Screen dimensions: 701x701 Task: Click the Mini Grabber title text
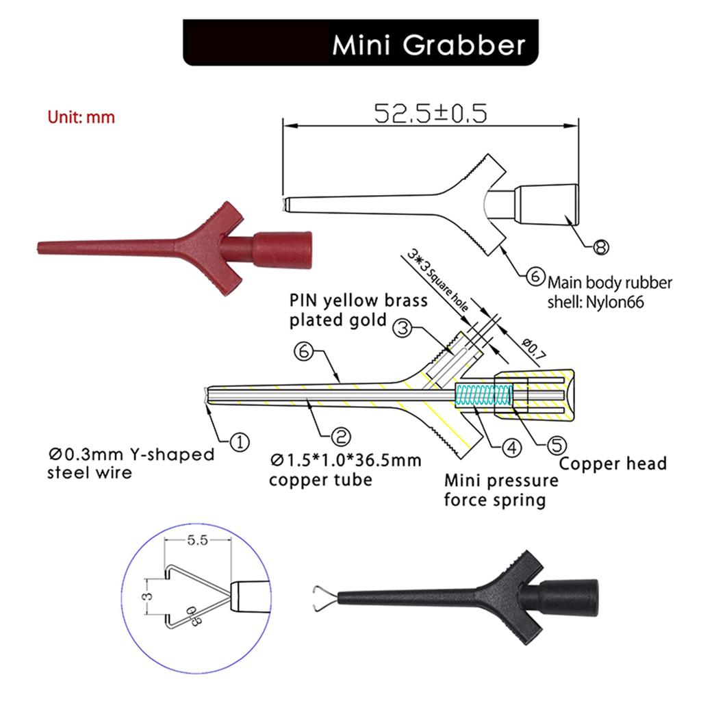click(429, 44)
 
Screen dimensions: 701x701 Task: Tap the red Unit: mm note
click(81, 117)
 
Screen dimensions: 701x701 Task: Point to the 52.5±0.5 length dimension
click(431, 113)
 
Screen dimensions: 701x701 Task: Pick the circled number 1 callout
click(239, 443)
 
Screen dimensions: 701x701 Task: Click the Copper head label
click(613, 463)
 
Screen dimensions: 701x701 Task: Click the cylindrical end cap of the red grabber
click(283, 248)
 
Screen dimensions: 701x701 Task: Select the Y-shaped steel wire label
click(131, 463)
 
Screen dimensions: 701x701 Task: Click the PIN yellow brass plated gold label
click(358, 309)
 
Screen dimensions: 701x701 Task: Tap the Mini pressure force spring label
click(500, 490)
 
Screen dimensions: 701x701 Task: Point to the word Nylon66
click(616, 301)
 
